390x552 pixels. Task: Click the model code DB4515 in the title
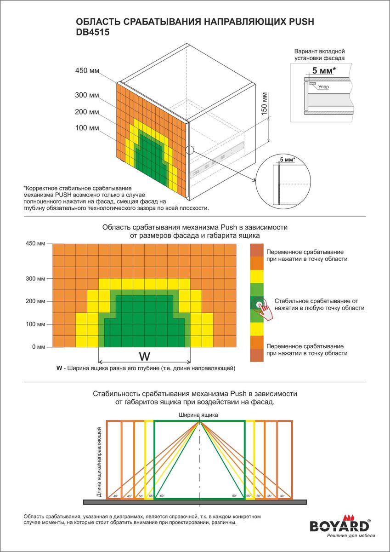[92, 33]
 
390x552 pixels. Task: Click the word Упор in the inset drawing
[323, 86]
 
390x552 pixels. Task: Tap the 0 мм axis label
[38, 347]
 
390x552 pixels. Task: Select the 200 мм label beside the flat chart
[36, 301]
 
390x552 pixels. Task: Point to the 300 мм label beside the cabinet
[87, 95]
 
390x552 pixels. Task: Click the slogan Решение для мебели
[350, 536]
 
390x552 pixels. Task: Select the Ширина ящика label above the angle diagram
[198, 414]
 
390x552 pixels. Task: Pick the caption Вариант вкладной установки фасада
[319, 55]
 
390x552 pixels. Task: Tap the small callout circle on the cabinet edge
[190, 149]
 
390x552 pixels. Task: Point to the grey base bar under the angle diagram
[195, 501]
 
